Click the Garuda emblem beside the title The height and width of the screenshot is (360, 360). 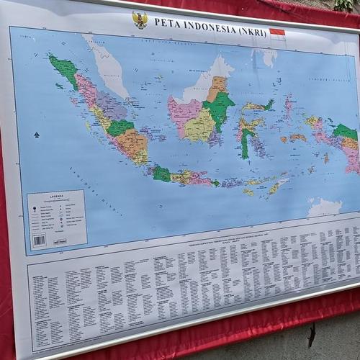140,19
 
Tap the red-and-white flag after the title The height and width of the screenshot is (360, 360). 277,32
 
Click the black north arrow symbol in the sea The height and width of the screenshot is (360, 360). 36,135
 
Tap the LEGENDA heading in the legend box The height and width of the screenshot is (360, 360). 57,197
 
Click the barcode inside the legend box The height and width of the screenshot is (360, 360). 39,240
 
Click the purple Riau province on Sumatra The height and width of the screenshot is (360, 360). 112,107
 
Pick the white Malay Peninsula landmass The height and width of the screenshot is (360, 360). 108,65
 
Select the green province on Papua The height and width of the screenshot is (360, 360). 344,132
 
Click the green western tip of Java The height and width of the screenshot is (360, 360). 161,173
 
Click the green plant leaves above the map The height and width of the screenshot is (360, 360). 344,6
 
